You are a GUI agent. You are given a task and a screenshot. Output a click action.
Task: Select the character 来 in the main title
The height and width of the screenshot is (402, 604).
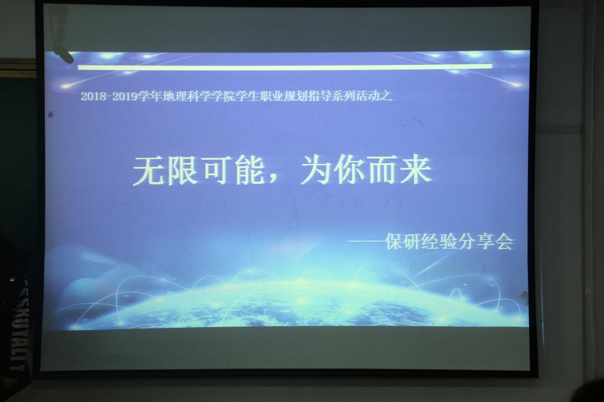pyautogui.click(x=416, y=170)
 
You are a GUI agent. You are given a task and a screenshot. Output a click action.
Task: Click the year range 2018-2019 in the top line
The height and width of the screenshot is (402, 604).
pyautogui.click(x=109, y=96)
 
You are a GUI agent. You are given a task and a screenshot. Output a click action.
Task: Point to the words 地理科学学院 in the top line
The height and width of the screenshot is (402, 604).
pyautogui.click(x=198, y=96)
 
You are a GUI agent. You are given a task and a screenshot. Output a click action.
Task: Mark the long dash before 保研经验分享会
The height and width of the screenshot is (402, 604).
pyautogui.click(x=366, y=242)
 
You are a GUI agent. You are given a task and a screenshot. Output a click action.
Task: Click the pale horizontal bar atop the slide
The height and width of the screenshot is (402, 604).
pyautogui.click(x=285, y=67)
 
